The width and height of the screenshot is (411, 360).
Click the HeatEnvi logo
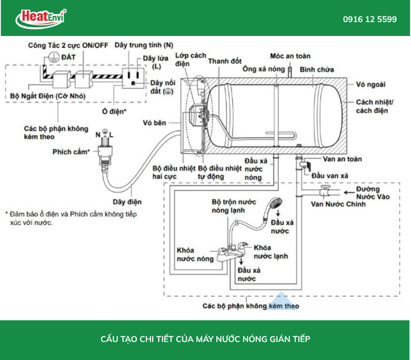pyautogui.click(x=41, y=19)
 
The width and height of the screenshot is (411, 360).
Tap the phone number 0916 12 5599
pyautogui.click(x=370, y=20)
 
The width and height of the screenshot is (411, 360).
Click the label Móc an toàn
pyautogui.click(x=290, y=56)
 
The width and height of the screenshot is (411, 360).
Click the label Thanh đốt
pyautogui.click(x=225, y=61)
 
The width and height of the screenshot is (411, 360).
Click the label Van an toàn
pyautogui.click(x=342, y=159)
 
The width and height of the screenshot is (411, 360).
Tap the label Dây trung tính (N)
pyautogui.click(x=143, y=45)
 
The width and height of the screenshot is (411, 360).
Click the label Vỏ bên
pyautogui.click(x=155, y=123)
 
